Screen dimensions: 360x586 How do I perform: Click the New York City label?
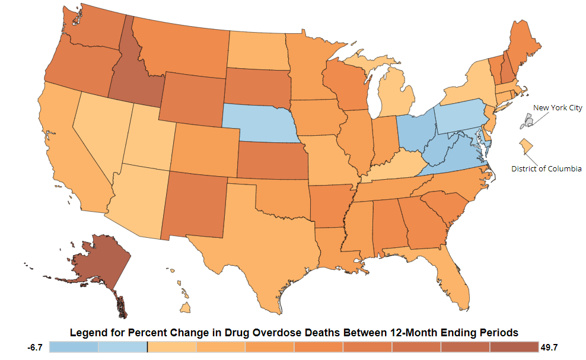(558, 108)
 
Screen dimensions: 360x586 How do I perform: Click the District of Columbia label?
(546, 168)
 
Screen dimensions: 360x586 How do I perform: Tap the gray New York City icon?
(527, 122)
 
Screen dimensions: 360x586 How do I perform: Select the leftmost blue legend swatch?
(74, 348)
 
